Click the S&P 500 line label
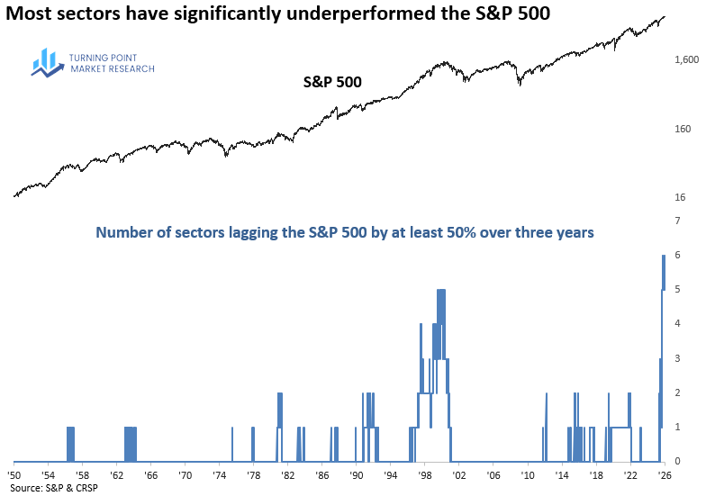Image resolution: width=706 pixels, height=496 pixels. [331, 82]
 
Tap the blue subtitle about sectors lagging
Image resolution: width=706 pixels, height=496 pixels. [345, 232]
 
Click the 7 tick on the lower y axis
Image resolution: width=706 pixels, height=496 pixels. [676, 220]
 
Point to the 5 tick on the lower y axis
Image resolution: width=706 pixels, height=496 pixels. [676, 289]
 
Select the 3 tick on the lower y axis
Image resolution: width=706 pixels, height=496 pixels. [676, 358]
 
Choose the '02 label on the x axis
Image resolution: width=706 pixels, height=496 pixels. [458, 474]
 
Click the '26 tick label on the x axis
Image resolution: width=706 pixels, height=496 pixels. [664, 474]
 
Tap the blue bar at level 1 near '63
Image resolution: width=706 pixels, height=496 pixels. [131, 444]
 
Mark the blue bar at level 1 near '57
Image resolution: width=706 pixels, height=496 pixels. [71, 444]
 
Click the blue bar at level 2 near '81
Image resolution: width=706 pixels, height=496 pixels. [280, 428]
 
